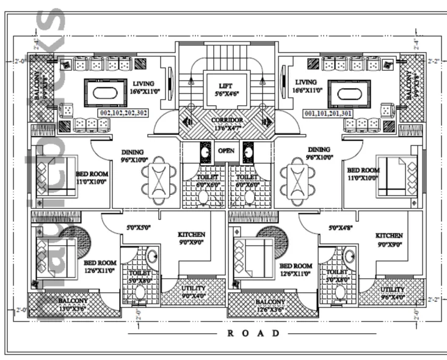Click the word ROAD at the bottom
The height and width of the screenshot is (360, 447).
pyautogui.click(x=253, y=333)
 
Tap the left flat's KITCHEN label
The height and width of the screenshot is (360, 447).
pyautogui.click(x=191, y=235)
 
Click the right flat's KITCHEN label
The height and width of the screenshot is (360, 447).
pyautogui.click(x=388, y=236)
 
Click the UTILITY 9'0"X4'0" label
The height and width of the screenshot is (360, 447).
pyautogui.click(x=194, y=291)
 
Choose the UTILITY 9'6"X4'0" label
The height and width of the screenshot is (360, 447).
pyautogui.click(x=391, y=293)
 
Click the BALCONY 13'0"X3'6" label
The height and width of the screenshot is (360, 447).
pyautogui.click(x=73, y=304)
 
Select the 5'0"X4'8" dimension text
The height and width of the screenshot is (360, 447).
pyautogui.click(x=341, y=227)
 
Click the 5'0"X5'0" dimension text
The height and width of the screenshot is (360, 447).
pyautogui.click(x=139, y=227)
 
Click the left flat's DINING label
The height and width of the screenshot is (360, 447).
pyautogui.click(x=132, y=153)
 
